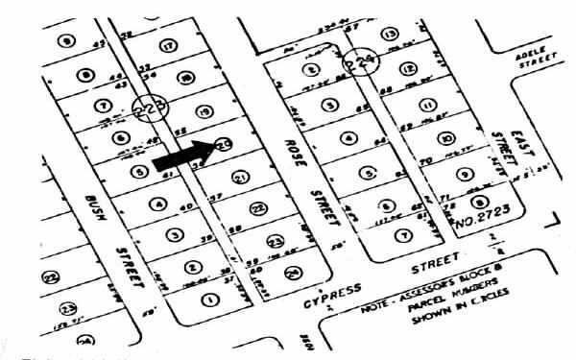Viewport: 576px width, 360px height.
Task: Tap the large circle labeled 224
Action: click(x=363, y=61)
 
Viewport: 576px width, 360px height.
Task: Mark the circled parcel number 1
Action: click(x=207, y=299)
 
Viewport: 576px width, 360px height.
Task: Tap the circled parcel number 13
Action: click(x=390, y=35)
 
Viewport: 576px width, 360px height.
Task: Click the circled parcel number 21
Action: click(x=240, y=179)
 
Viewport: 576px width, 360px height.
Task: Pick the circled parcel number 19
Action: click(x=202, y=110)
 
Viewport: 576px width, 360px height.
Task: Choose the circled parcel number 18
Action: click(x=185, y=77)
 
